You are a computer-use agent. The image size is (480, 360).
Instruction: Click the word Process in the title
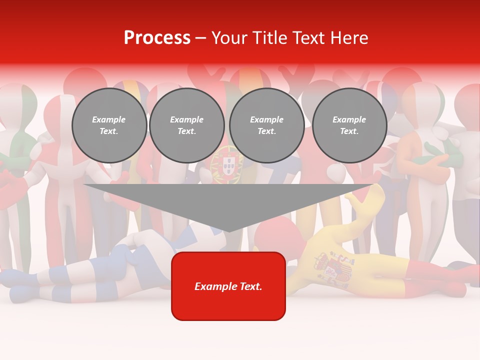[x=157, y=38]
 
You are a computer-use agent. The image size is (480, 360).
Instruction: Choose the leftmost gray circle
[x=109, y=125]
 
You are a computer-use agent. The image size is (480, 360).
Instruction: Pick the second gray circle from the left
[x=187, y=125]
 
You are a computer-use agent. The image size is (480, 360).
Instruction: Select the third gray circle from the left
[x=266, y=125]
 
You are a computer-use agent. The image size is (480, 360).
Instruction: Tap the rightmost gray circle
[x=349, y=125]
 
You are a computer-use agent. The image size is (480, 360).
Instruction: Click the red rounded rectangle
[x=228, y=286]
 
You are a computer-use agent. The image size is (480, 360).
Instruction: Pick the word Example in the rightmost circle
[x=349, y=119]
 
